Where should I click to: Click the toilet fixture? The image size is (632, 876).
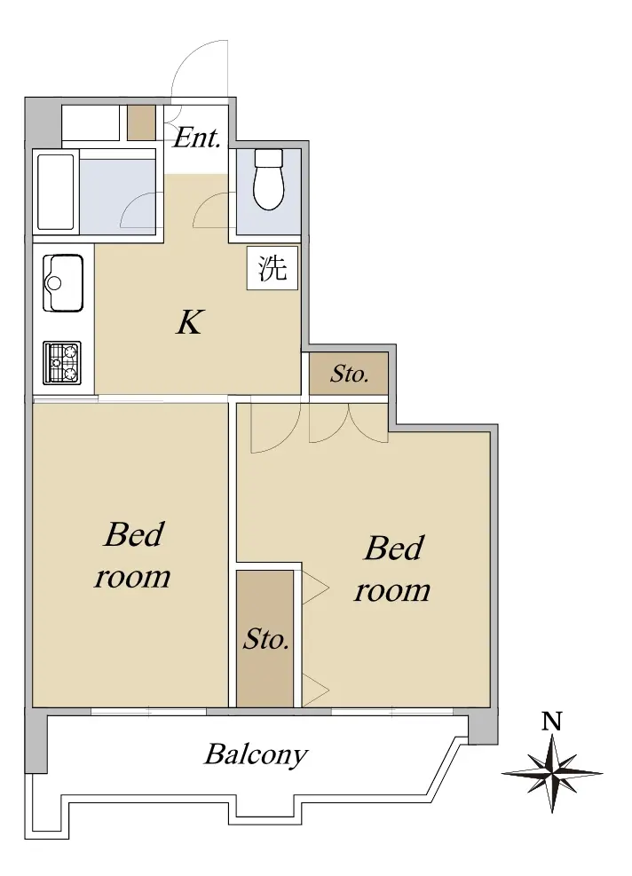(269, 178)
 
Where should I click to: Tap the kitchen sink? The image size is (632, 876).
(63, 283)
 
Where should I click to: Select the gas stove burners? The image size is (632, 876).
(62, 362)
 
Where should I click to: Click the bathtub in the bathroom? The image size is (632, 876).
(55, 193)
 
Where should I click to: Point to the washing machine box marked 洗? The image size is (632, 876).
(272, 268)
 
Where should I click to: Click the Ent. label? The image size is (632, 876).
(197, 138)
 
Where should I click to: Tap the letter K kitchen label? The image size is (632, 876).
(190, 322)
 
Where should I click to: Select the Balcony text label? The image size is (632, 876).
(256, 755)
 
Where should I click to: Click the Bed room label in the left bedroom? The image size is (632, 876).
(132, 556)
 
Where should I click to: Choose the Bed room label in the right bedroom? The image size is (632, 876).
(393, 569)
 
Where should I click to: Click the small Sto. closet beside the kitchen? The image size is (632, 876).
(349, 374)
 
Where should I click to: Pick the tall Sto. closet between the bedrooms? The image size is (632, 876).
(265, 638)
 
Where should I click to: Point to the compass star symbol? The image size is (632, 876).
(551, 774)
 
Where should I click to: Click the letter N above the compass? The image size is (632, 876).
(551, 722)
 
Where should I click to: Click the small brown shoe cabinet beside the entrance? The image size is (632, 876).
(141, 122)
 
